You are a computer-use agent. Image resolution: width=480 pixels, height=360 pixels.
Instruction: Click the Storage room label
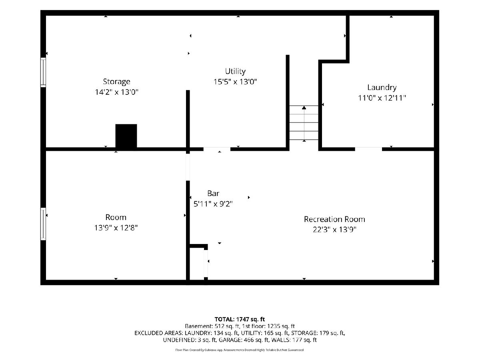[116, 82]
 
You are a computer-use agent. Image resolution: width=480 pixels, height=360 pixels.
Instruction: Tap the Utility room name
[235, 72]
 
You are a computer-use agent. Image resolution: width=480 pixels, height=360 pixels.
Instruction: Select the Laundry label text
[382, 88]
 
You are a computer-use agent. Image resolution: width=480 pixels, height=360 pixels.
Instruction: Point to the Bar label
[213, 194]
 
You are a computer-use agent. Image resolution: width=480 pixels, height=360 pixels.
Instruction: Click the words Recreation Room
[334, 219]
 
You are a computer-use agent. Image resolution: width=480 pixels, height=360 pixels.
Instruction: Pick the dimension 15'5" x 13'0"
[235, 82]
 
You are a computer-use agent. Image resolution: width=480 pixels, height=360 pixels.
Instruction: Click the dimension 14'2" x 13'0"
[116, 92]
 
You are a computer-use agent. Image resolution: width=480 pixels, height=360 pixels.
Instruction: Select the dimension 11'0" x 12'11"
[382, 98]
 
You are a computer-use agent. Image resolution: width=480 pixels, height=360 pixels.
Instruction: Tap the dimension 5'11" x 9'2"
[213, 204]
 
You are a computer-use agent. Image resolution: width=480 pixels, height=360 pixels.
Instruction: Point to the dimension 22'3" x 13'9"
[334, 230]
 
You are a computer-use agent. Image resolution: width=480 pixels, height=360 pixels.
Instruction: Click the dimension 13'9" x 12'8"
[116, 228]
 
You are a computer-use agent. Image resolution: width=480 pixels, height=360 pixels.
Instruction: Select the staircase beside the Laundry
[304, 123]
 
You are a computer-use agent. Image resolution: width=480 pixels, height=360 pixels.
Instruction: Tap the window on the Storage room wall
[43, 72]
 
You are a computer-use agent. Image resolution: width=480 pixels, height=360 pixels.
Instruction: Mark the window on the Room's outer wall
[43, 224]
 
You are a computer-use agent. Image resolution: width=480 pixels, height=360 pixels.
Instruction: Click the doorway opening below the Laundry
[368, 149]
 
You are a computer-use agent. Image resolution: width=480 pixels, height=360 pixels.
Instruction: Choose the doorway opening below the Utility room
[217, 149]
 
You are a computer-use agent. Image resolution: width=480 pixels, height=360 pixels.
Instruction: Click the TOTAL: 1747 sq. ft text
[240, 319]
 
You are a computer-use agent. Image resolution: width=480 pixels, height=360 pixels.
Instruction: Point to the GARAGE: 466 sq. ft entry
[244, 340]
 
